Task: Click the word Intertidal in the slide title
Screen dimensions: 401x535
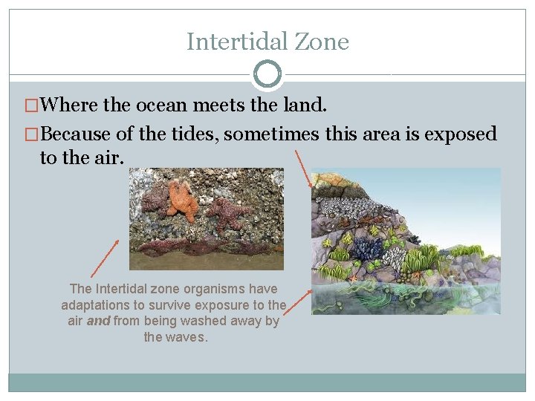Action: pos(228,42)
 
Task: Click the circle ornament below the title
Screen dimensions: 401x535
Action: pos(267,74)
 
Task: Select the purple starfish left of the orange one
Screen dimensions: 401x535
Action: pos(155,200)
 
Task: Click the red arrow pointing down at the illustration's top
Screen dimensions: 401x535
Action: pos(303,168)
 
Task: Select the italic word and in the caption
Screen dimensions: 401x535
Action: pos(99,321)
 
